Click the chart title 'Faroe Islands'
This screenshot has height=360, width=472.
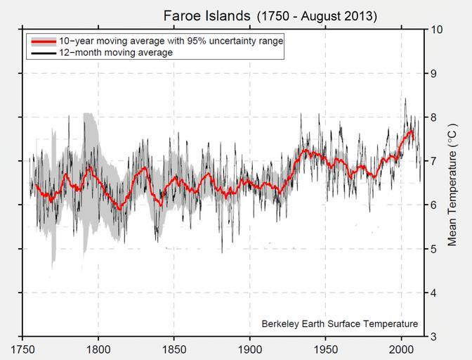[x=206, y=15]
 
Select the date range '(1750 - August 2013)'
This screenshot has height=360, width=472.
[x=317, y=16]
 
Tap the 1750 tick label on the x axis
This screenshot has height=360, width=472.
[x=23, y=349]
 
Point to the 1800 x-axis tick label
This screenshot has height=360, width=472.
[x=98, y=349]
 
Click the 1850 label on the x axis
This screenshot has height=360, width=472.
[x=174, y=349]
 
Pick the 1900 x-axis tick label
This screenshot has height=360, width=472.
[x=250, y=349]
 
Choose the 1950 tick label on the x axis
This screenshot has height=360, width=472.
[x=326, y=349]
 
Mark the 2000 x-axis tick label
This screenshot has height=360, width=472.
[x=402, y=349]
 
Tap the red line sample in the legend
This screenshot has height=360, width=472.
[x=44, y=41]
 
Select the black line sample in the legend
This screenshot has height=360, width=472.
[x=44, y=53]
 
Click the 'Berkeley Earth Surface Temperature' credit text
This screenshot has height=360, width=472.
[x=339, y=324]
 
